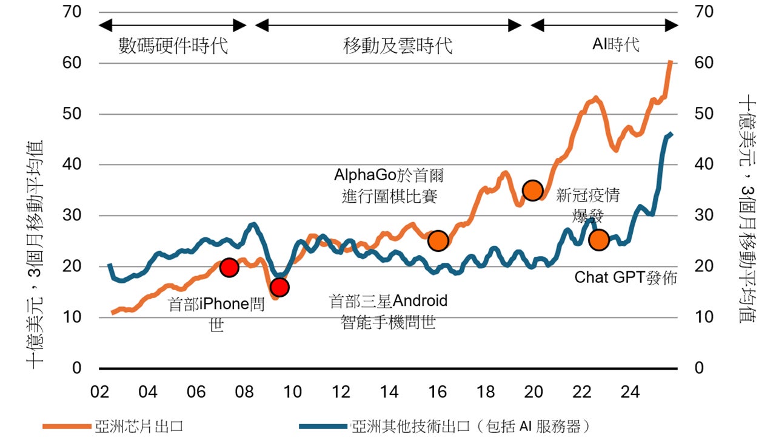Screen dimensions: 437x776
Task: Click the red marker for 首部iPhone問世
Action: [x=229, y=267]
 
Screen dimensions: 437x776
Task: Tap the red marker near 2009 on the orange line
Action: [x=279, y=287]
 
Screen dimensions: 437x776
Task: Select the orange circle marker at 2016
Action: [x=438, y=241]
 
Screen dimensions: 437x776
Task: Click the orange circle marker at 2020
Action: [x=532, y=190]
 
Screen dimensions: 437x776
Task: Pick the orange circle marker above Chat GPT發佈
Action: [x=598, y=240]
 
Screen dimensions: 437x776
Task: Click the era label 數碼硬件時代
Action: [x=173, y=46]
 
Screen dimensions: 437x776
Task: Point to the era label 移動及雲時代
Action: [x=398, y=46]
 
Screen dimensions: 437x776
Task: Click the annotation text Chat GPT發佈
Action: [x=625, y=278]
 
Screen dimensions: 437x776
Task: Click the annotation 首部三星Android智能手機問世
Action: [x=388, y=311]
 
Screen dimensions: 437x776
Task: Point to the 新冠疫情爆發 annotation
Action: [x=587, y=205]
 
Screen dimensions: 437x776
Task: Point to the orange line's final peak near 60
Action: [x=671, y=61]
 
